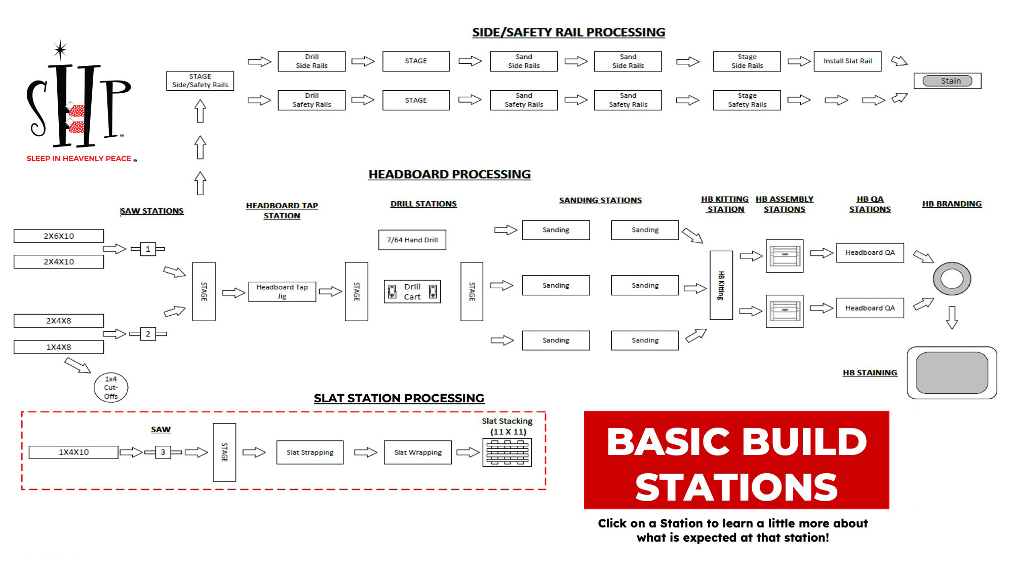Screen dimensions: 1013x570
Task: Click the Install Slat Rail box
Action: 847,61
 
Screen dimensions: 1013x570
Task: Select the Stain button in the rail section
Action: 947,81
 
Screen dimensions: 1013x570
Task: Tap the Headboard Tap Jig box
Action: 282,292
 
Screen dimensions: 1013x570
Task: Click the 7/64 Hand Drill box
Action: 412,240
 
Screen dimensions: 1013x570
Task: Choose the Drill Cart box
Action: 412,292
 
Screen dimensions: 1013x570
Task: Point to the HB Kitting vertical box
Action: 721,285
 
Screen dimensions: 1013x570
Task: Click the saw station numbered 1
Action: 148,249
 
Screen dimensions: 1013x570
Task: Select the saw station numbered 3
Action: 163,452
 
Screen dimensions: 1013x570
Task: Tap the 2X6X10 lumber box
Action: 59,236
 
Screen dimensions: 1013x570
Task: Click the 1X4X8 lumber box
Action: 59,347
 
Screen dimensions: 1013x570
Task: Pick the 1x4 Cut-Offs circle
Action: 111,388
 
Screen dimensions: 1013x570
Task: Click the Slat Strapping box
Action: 310,452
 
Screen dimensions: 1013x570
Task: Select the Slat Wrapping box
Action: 418,452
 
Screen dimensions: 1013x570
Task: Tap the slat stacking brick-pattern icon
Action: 507,452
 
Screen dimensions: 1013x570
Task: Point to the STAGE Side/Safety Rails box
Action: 200,81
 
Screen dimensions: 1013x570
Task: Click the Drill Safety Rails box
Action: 311,100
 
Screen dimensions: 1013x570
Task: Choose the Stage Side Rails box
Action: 747,61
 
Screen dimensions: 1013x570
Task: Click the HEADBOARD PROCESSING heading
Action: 449,174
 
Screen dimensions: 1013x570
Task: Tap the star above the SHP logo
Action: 61,50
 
